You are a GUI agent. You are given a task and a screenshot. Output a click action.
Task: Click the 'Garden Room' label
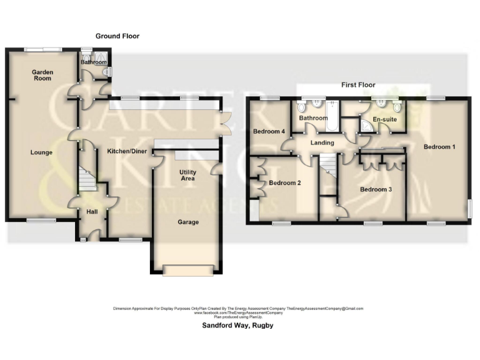43,76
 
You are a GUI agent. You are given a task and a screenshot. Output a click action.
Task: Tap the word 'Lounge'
41,152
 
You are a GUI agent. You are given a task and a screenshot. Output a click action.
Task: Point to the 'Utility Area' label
187,175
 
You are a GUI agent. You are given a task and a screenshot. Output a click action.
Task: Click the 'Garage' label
187,222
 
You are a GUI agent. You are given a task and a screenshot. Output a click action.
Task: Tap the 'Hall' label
92,212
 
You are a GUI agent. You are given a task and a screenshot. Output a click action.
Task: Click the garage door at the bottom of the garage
186,269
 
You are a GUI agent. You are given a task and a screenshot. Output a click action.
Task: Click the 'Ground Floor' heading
117,36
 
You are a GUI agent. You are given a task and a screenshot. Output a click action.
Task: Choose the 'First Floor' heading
357,84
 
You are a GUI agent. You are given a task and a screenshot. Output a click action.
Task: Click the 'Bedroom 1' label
439,147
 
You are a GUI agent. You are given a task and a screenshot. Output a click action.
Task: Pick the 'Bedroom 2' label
285,183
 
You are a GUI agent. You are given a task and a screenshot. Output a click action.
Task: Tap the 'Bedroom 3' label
375,189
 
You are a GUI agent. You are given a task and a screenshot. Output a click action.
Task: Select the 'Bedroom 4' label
269,132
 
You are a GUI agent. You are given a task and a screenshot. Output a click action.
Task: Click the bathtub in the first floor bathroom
332,117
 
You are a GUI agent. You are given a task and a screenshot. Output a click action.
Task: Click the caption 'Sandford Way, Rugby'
237,326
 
